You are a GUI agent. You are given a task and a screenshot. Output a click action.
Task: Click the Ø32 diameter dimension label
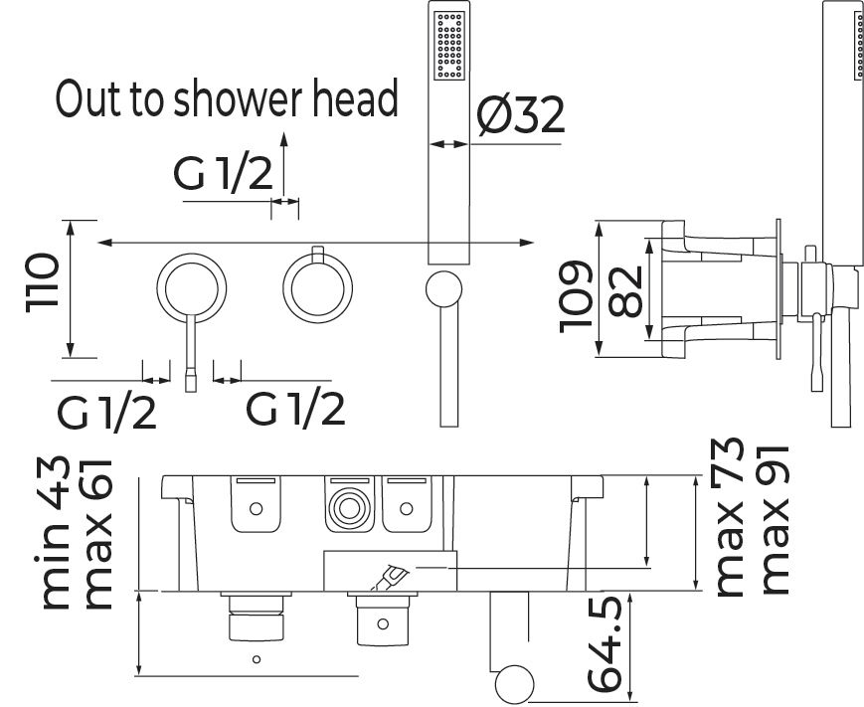(x=520, y=117)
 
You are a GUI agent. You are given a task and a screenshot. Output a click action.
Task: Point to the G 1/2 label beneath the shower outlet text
(x=223, y=176)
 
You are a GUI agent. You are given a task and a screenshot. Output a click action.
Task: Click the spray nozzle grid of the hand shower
(x=446, y=46)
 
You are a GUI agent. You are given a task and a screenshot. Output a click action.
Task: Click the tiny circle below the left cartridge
(x=257, y=658)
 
